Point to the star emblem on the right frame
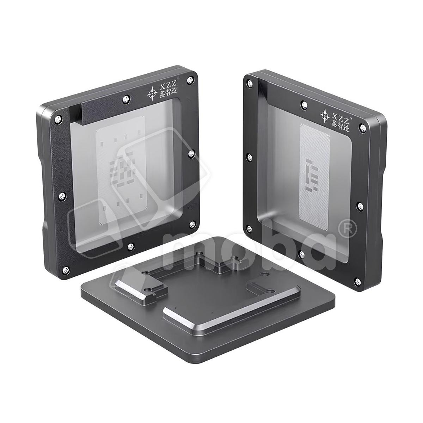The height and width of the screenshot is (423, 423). (x=325, y=116)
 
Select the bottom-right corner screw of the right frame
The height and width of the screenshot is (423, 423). (x=357, y=281)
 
